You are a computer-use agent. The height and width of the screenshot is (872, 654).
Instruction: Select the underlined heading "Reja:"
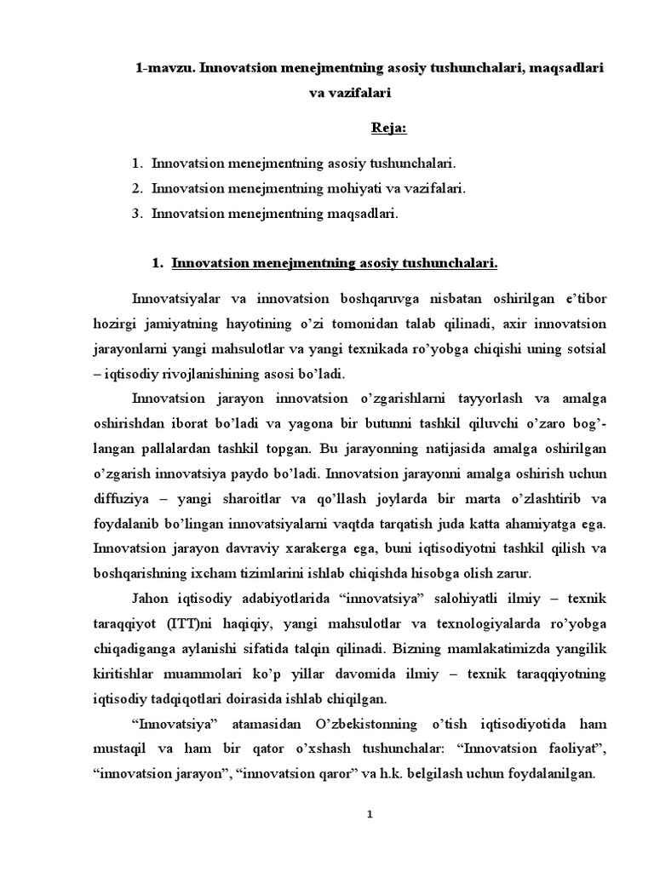[x=389, y=128]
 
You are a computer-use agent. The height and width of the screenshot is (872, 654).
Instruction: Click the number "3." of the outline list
[x=138, y=214]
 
